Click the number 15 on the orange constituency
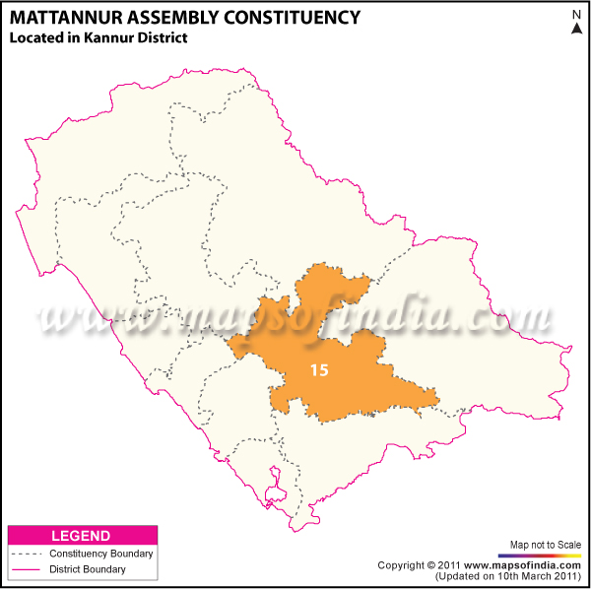coord(318,371)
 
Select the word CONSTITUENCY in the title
coord(294,17)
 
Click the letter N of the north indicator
coord(575,14)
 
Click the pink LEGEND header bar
coord(82,536)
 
